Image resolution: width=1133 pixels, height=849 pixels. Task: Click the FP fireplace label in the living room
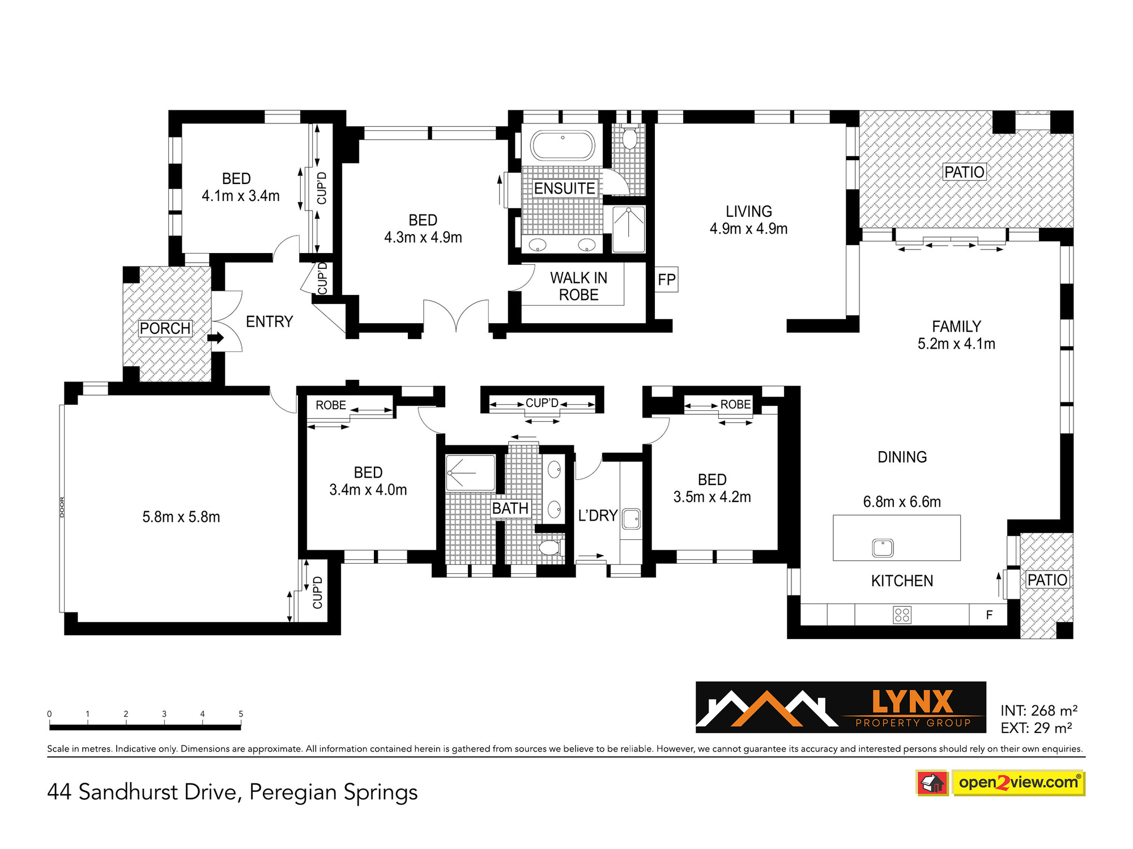(667, 280)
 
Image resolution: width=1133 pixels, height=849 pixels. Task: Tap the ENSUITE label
(564, 188)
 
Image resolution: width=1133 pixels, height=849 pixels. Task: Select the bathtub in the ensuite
(563, 145)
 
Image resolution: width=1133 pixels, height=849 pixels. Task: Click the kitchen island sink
(883, 548)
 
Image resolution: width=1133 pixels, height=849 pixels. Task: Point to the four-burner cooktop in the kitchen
(902, 615)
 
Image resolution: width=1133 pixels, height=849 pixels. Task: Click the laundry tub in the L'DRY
(631, 518)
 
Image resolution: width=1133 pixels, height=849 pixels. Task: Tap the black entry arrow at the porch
(216, 338)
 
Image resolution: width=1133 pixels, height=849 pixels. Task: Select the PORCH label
(165, 328)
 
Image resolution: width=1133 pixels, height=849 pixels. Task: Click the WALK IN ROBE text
(578, 286)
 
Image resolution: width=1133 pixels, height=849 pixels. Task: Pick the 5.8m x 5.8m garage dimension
(181, 517)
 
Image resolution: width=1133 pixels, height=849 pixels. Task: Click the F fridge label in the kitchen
(989, 615)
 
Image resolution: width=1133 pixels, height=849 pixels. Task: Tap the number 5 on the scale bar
(241, 714)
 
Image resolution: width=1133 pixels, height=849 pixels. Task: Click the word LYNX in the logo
(913, 702)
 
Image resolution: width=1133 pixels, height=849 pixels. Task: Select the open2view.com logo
(1000, 783)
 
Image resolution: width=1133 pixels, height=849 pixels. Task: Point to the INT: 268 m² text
(1039, 710)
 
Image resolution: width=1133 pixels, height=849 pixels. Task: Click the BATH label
(510, 508)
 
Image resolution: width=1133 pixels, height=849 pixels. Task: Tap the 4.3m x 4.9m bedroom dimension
(423, 238)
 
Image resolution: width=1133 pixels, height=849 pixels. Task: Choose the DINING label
(902, 457)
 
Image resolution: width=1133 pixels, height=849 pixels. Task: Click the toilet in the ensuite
(630, 136)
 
